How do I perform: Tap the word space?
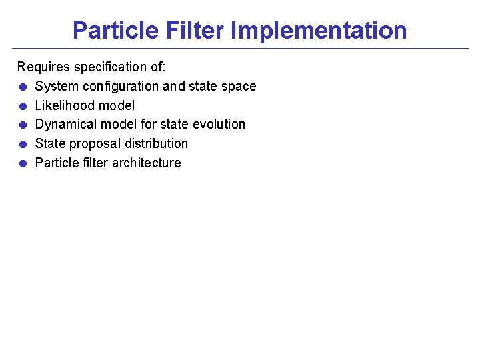(240, 87)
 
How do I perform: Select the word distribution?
(157, 144)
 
